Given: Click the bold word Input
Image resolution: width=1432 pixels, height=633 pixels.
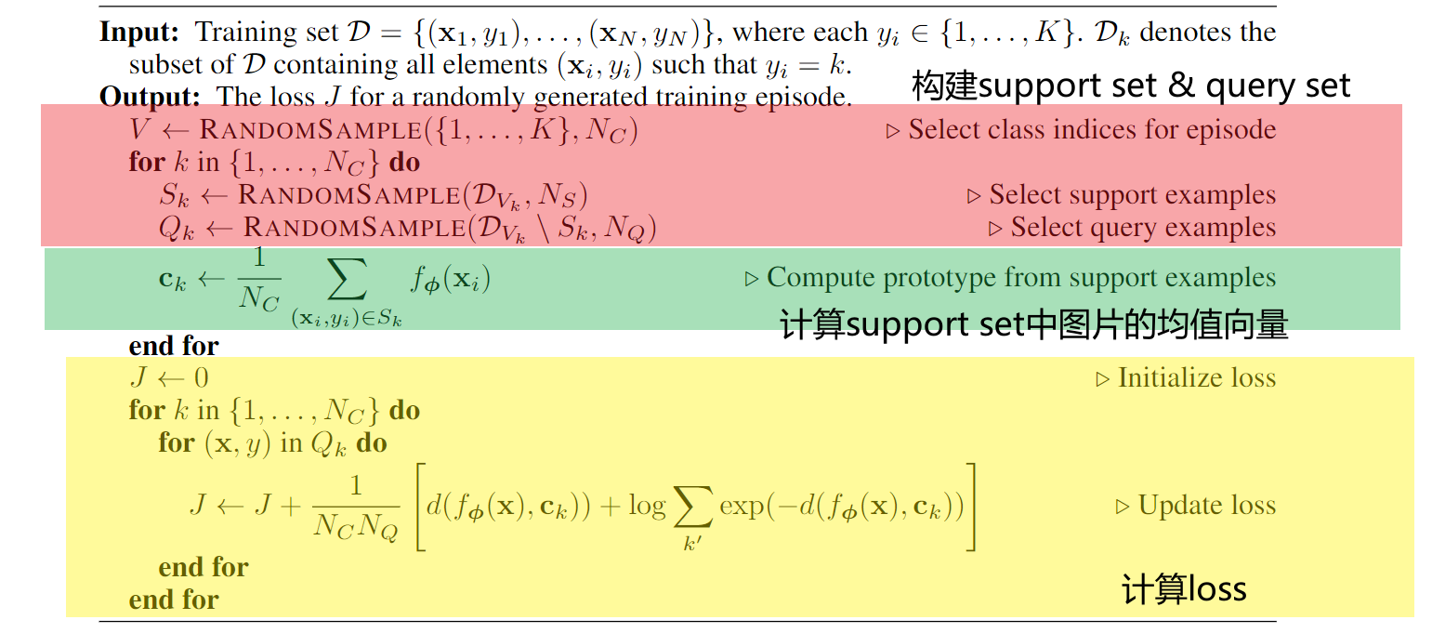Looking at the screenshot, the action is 138,32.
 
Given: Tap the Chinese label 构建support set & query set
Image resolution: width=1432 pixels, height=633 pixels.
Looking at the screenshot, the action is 1130,86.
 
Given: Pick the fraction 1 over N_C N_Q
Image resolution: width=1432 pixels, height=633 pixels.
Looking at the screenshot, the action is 355,507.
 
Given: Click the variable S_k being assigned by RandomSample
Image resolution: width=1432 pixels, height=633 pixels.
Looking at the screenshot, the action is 174,196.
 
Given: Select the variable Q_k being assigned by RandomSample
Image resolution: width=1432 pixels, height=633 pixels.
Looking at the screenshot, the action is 176,229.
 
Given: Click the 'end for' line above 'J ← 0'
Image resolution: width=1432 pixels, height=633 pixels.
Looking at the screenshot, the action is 174,346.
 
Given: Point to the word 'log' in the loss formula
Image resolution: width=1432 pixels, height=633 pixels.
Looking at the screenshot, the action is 647,506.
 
